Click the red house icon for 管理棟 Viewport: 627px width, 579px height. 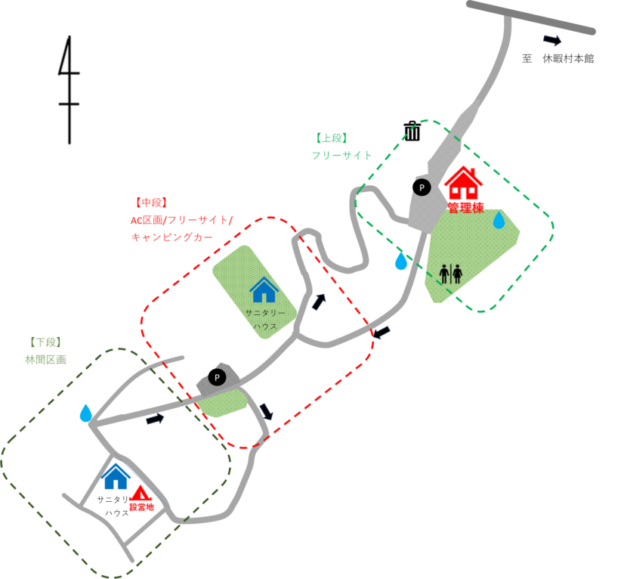pos(462,183)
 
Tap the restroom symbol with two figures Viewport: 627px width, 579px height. pos(450,273)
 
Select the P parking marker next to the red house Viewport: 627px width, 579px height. pos(421,187)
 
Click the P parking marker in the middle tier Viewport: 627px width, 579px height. pos(217,377)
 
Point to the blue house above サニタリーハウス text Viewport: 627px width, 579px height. pos(264,289)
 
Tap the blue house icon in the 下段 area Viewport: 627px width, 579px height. pos(116,476)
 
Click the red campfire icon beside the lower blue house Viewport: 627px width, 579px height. pos(141,495)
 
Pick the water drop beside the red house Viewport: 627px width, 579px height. pos(499,221)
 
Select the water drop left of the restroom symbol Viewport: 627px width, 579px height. pos(400,262)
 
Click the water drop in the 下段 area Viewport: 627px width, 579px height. pos(85,413)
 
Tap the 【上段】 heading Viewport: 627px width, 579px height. pos(330,138)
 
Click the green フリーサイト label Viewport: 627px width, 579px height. pos(342,156)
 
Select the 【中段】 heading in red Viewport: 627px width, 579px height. pos(150,203)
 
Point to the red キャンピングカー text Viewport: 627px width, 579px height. pos(172,237)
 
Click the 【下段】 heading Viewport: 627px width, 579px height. pos(45,342)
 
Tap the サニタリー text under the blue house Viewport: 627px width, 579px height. pos(264,311)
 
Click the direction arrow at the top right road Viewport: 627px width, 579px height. pos(552,41)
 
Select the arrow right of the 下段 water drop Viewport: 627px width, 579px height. pos(155,419)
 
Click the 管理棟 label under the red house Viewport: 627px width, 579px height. pos(465,208)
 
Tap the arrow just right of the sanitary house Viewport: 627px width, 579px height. pos(318,302)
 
